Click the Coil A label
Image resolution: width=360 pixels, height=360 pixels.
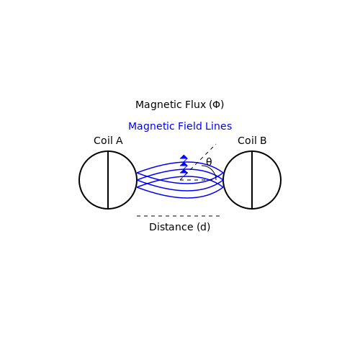[x=108, y=140]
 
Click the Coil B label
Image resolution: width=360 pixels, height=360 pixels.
[x=252, y=140]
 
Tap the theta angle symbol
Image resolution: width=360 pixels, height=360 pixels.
[x=209, y=161]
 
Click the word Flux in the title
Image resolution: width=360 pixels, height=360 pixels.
[x=195, y=104]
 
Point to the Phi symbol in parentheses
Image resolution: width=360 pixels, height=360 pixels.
[x=217, y=104]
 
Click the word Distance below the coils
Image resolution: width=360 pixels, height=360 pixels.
[x=171, y=227]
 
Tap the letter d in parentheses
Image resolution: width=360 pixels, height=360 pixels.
[x=204, y=227]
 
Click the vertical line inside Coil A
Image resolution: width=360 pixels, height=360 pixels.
[x=108, y=180]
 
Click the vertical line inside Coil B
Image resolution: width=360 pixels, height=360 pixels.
[x=252, y=180]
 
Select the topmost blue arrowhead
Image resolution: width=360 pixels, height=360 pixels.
[x=184, y=157]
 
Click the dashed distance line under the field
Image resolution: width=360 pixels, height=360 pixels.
[x=178, y=216]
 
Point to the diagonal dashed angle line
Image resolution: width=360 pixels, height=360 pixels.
[x=198, y=162]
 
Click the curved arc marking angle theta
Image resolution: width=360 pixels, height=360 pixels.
[x=211, y=170]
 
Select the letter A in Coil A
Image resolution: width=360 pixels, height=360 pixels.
[x=119, y=140]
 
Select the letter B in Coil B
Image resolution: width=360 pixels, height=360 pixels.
[x=264, y=140]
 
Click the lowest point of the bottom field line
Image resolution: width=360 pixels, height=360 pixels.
[x=187, y=198]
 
